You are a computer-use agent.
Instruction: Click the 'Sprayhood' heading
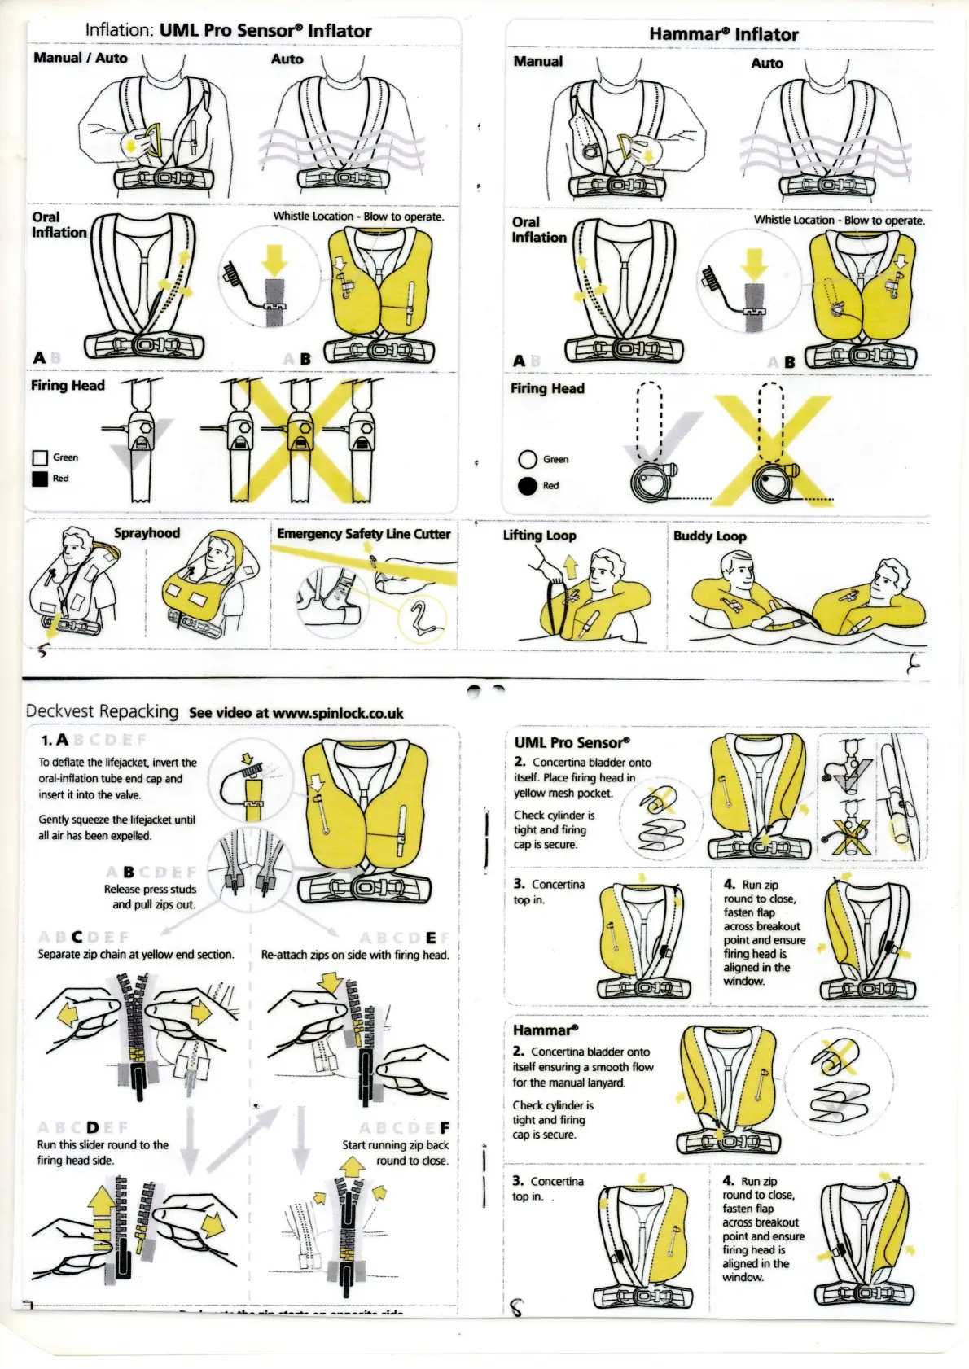(x=147, y=533)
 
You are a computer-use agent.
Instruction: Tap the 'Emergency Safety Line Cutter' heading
(x=363, y=534)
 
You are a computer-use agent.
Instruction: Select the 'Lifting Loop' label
(x=539, y=535)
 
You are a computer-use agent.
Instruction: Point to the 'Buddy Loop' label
(x=709, y=536)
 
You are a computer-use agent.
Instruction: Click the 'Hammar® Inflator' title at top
(x=723, y=34)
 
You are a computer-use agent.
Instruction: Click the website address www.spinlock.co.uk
(x=337, y=713)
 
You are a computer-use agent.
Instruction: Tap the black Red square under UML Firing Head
(x=40, y=479)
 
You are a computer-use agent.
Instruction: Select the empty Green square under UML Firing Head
(x=40, y=458)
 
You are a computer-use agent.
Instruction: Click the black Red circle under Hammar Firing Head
(x=528, y=486)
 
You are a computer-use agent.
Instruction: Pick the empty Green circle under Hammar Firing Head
(x=528, y=460)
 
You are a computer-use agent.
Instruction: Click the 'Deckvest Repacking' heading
(x=102, y=711)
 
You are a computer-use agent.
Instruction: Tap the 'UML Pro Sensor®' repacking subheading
(x=572, y=742)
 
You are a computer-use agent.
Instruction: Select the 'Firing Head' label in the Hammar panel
(x=547, y=388)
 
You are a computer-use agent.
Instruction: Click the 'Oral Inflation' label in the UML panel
(x=59, y=225)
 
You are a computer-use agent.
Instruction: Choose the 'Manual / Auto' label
(x=80, y=58)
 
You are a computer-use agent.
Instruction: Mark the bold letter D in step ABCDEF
(x=92, y=1127)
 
